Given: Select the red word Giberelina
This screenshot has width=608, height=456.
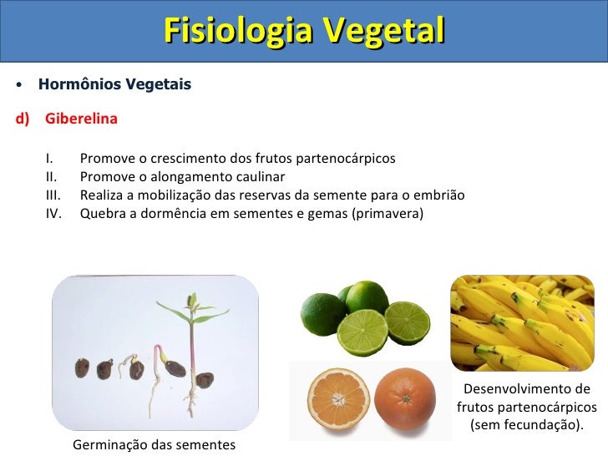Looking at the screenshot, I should point(81,119).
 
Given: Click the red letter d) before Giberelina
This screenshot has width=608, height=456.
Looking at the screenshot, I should point(23,119).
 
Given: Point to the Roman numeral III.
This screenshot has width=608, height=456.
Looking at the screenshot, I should point(53,195).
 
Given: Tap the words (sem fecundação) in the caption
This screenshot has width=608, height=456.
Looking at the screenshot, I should point(526,426).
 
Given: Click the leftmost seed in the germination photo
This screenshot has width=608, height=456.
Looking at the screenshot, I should point(83,368).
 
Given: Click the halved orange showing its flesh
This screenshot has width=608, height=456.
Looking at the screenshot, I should point(334,398).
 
